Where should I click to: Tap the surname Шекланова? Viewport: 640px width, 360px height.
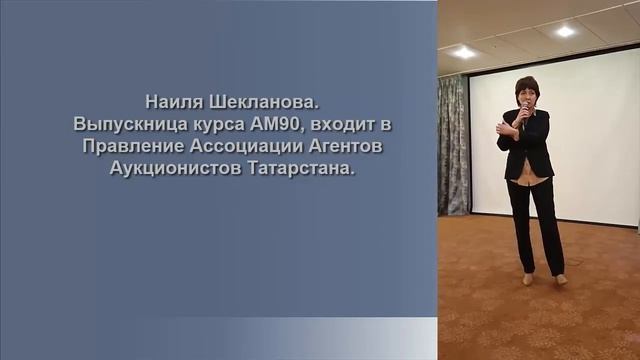click(264, 102)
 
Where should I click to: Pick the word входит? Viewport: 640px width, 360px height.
click(341, 124)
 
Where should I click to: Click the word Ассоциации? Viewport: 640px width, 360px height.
click(246, 147)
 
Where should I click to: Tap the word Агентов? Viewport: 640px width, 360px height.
click(345, 147)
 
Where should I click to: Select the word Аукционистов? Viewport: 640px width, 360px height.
click(175, 169)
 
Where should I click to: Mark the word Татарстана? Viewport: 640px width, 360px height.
click(300, 169)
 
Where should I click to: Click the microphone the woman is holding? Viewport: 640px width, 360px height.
click(523, 109)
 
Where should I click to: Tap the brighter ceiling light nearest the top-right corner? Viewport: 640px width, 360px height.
click(565, 31)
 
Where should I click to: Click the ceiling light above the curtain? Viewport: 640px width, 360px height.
click(463, 52)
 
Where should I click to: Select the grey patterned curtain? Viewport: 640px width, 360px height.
click(453, 145)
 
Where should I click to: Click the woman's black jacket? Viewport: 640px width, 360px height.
click(526, 144)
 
